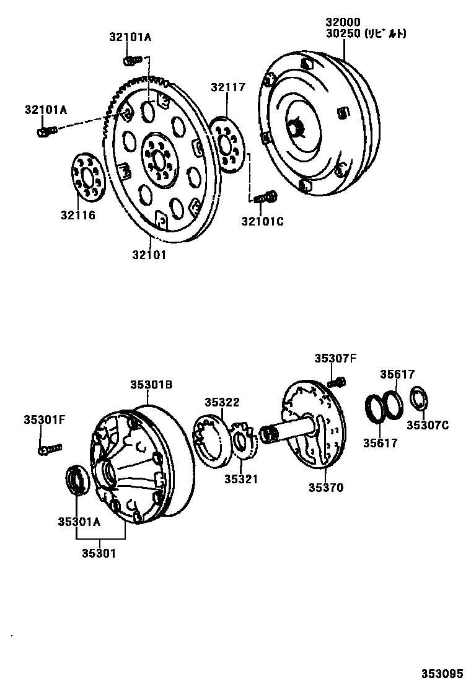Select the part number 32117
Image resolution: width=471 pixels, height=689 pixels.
[227, 87]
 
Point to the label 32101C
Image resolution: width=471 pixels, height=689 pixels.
[263, 221]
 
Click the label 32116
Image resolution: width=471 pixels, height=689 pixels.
[80, 216]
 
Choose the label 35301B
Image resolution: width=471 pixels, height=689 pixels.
[151, 385]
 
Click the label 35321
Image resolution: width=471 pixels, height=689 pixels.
[242, 479]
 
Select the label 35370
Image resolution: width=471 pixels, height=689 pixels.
[326, 488]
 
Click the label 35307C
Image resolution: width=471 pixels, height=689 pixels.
[428, 425]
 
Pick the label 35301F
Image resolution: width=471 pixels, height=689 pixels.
[45, 419]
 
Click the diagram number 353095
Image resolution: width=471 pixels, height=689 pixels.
[443, 674]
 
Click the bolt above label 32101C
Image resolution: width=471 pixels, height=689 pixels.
[265, 198]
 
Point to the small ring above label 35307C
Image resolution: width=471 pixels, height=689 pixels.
[419, 398]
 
